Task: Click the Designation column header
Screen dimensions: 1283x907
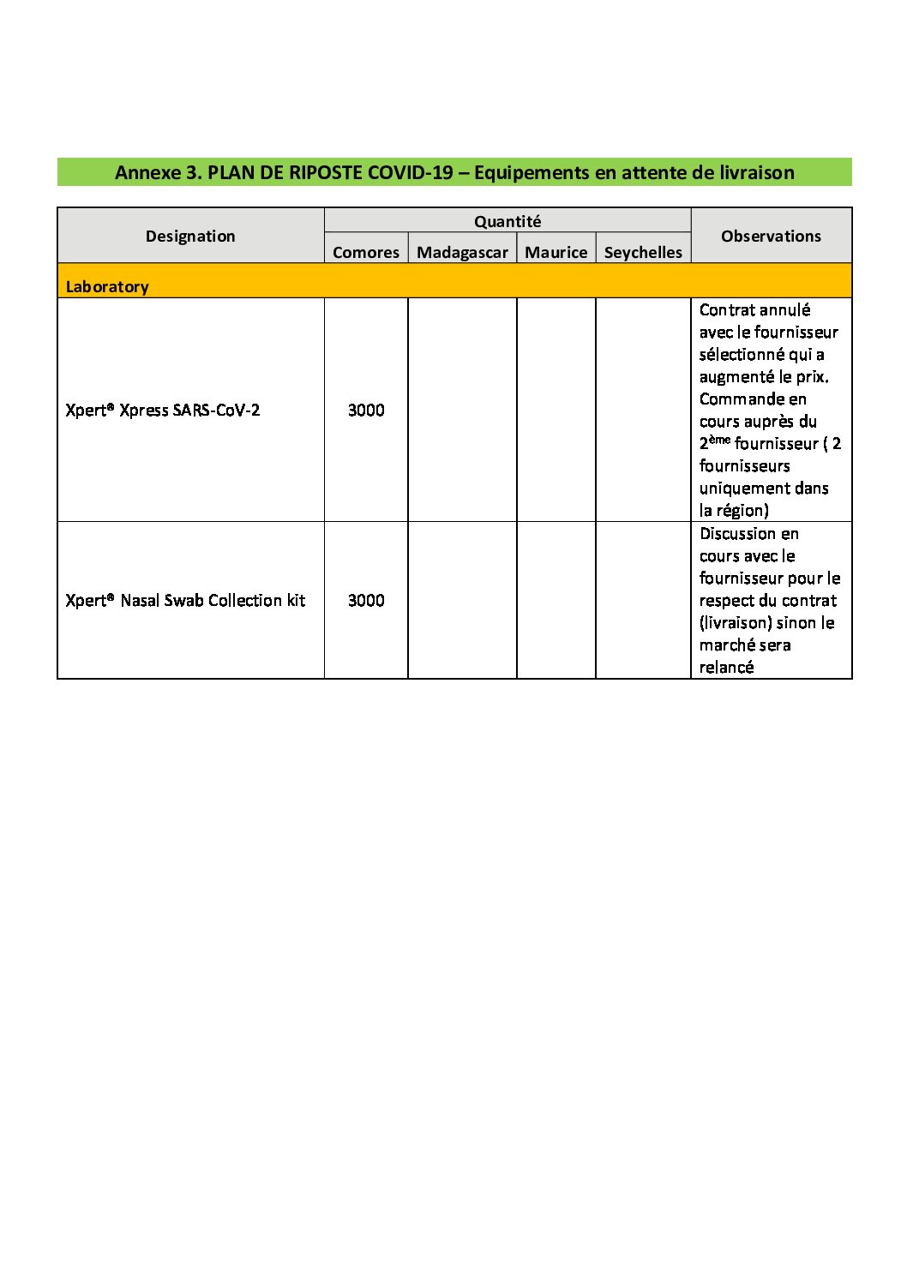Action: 190,236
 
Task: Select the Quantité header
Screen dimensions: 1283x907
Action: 508,221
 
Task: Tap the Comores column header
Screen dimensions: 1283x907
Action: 366,252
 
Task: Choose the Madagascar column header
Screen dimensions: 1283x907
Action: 462,252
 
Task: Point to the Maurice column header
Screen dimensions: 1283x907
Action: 556,252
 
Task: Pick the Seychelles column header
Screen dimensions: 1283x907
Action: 643,252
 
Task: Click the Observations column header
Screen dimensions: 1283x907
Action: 771,236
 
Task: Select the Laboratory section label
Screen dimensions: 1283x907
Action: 107,286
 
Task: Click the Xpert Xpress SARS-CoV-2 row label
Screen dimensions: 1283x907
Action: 163,410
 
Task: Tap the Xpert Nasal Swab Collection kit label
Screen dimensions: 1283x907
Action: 185,600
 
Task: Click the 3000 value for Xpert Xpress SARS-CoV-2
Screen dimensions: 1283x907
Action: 366,410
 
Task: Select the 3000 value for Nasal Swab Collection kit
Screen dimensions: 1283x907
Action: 366,600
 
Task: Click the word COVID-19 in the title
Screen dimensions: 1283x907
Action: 410,172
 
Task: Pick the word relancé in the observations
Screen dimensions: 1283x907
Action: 726,667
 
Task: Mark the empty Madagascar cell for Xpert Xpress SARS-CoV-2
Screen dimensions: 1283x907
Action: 462,410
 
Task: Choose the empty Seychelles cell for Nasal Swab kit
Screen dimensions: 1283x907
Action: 643,600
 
